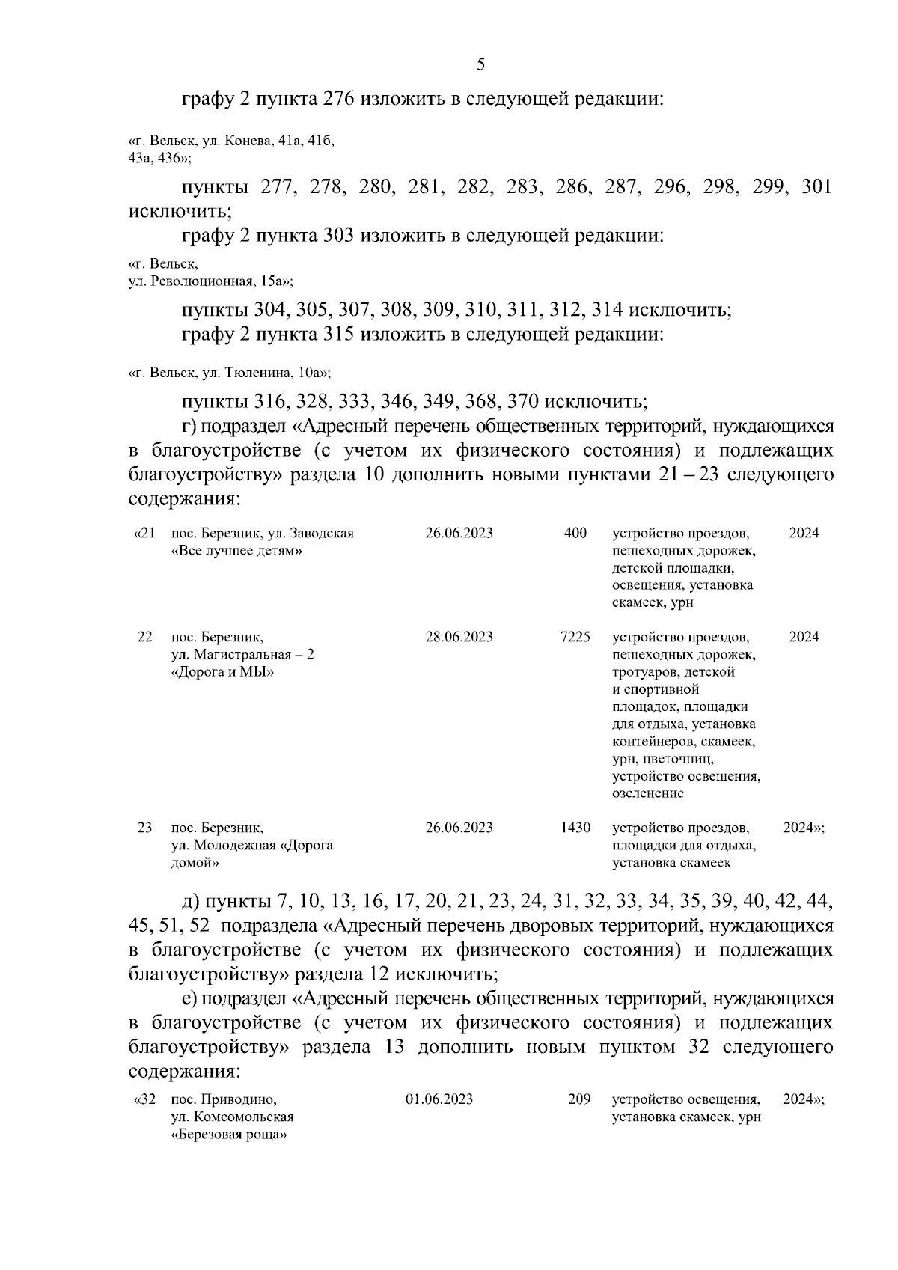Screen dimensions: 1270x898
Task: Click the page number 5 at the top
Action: (x=481, y=65)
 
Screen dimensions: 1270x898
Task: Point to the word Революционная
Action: (x=203, y=282)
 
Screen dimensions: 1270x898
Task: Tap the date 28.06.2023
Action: (x=459, y=637)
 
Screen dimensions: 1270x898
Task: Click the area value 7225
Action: (x=575, y=637)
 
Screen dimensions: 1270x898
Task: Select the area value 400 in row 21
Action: (x=575, y=534)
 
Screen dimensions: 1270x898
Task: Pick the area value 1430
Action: (x=575, y=828)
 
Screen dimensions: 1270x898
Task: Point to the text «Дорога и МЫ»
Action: (x=222, y=672)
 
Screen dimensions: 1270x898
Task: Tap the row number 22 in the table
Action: (x=145, y=637)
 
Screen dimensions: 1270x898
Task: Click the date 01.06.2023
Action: (x=439, y=1099)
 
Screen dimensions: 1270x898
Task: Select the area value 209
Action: (x=579, y=1099)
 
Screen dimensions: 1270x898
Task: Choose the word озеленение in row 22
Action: (x=647, y=793)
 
